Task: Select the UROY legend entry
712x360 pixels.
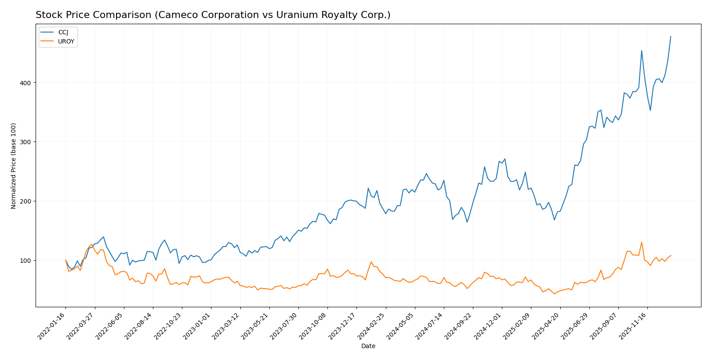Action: pyautogui.click(x=66, y=42)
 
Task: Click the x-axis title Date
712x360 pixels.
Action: pyautogui.click(x=368, y=346)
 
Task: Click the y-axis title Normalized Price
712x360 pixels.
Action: pyautogui.click(x=14, y=166)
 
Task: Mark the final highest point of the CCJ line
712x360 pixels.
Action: pyautogui.click(x=671, y=36)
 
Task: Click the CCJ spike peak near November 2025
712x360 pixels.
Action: pyautogui.click(x=642, y=51)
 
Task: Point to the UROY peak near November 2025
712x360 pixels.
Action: pyautogui.click(x=642, y=242)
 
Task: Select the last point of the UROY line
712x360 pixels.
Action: pyautogui.click(x=671, y=255)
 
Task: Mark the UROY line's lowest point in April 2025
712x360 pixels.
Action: pyautogui.click(x=554, y=294)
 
